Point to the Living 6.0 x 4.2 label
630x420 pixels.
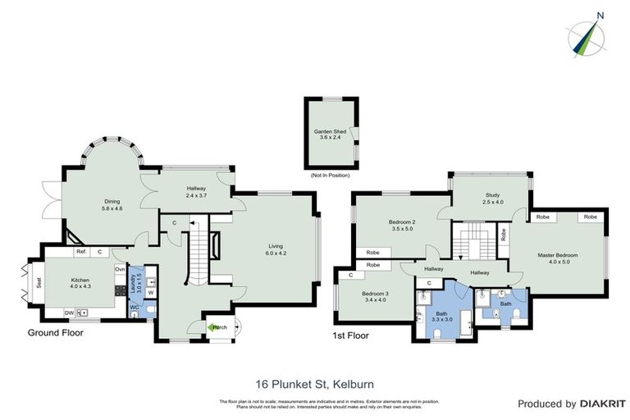[x=276, y=249]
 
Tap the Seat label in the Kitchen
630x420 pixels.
[x=39, y=285]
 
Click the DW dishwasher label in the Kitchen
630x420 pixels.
[x=70, y=313]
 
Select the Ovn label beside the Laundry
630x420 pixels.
[x=119, y=269]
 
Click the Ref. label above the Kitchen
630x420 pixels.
[x=81, y=252]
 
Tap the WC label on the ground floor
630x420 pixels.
[x=134, y=308]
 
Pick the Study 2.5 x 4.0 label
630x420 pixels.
[x=491, y=198]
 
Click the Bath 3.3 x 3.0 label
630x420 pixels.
[x=441, y=317]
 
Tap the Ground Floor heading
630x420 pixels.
[x=58, y=332]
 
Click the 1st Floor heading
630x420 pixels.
[x=352, y=336]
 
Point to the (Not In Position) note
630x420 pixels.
[x=330, y=176]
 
